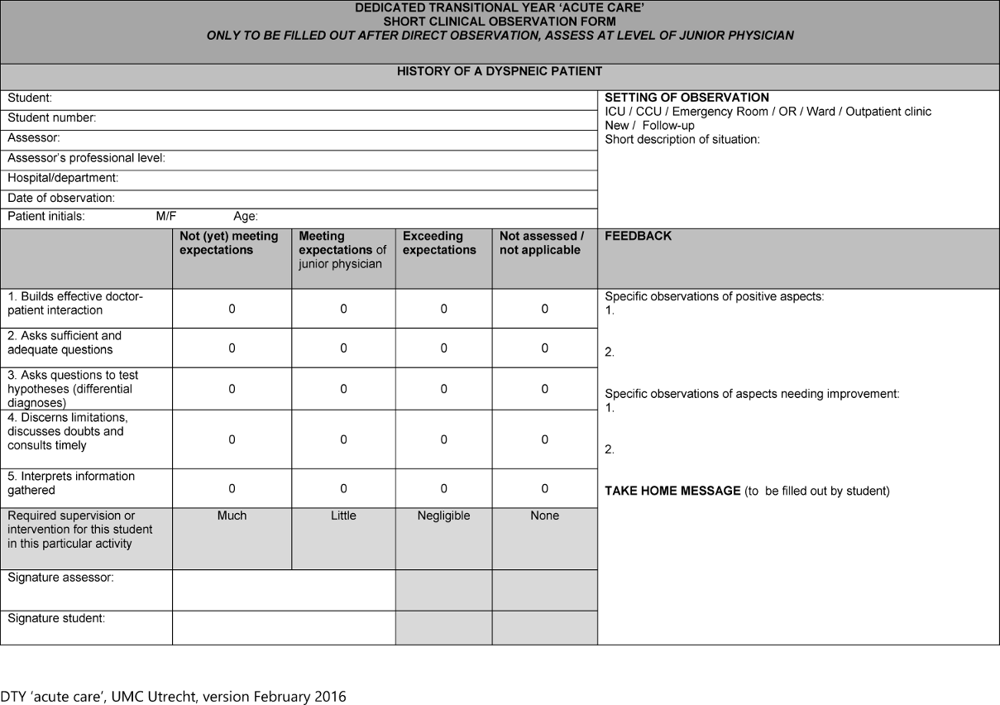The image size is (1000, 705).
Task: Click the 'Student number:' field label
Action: click(x=52, y=118)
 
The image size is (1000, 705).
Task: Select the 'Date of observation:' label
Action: click(x=61, y=199)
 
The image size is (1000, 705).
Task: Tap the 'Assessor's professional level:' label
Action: click(x=86, y=158)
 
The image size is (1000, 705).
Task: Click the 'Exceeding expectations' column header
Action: click(x=439, y=243)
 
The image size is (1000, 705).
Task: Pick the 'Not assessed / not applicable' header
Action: click(x=542, y=243)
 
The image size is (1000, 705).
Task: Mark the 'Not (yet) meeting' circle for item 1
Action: click(x=232, y=309)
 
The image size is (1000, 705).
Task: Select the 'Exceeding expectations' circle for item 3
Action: click(x=443, y=389)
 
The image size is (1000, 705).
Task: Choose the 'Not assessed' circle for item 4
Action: click(x=544, y=440)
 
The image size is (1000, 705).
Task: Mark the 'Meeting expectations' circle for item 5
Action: click(x=343, y=489)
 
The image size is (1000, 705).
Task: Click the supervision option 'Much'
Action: click(x=232, y=516)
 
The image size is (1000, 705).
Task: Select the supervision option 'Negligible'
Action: click(x=443, y=516)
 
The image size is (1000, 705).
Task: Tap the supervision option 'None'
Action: click(x=544, y=516)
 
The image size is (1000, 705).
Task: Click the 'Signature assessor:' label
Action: click(x=60, y=578)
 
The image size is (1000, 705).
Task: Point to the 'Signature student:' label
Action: click(x=56, y=618)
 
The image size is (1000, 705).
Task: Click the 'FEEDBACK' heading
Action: click(x=638, y=236)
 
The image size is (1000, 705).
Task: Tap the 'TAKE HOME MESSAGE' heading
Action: click(x=672, y=491)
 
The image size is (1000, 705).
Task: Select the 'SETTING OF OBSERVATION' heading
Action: click(x=687, y=98)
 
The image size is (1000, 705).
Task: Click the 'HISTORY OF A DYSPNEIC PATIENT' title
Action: click(x=500, y=71)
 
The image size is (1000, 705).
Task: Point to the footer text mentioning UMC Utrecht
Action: click(x=173, y=696)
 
